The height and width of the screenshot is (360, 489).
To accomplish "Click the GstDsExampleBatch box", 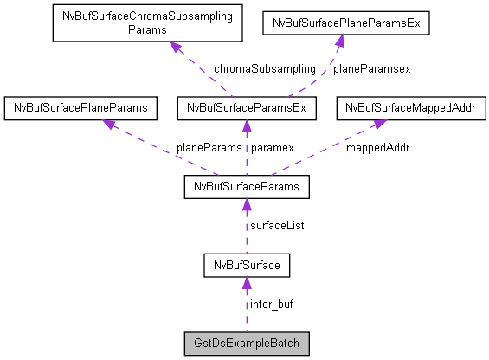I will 246,343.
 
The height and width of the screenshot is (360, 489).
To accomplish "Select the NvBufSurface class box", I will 246,264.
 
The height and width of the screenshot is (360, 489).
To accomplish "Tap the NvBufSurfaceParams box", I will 246,186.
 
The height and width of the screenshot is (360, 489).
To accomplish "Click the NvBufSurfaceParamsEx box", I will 246,108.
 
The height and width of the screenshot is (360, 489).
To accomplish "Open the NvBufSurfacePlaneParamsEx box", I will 345,23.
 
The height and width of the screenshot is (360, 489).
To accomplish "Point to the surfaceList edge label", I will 277,225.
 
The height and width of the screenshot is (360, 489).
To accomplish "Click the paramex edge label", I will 273,147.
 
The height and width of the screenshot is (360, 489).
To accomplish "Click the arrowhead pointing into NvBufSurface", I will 246,282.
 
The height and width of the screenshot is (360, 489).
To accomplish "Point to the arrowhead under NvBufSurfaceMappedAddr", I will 379,125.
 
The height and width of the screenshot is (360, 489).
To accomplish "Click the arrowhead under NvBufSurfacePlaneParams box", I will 110,125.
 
